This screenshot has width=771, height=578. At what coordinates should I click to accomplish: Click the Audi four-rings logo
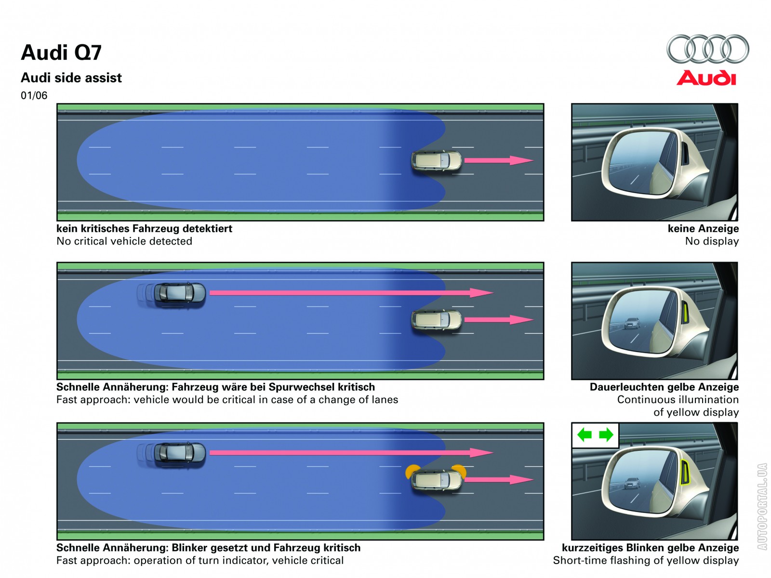(x=707, y=49)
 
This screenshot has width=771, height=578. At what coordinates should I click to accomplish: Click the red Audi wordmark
(x=706, y=78)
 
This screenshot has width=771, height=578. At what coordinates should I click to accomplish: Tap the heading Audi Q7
(x=61, y=53)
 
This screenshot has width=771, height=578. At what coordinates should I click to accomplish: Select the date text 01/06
(x=34, y=95)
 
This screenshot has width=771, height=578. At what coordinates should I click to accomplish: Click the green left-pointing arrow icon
(x=585, y=435)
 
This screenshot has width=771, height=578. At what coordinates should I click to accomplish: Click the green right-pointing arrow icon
(x=606, y=435)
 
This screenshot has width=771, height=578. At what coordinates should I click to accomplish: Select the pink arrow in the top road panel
(x=498, y=160)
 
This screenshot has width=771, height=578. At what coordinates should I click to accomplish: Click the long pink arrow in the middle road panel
(x=351, y=292)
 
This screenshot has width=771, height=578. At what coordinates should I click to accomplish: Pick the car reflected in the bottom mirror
(x=632, y=483)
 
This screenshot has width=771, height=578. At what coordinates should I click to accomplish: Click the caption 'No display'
(x=712, y=241)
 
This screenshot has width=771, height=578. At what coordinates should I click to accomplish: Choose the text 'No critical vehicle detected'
(x=124, y=241)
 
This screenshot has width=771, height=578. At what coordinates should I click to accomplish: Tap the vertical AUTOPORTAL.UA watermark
(x=762, y=506)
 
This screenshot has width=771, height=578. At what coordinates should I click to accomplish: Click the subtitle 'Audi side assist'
(x=71, y=78)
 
